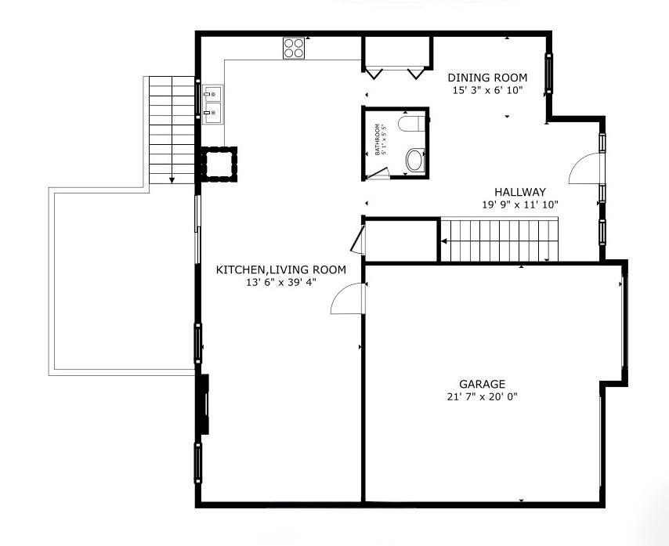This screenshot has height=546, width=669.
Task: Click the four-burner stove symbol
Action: [294, 48]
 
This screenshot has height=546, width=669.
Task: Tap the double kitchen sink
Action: [212, 103]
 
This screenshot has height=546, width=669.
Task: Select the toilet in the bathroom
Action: [411, 124]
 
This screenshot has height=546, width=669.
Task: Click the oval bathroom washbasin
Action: [414, 161]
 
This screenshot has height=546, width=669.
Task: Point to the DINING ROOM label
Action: [487, 78]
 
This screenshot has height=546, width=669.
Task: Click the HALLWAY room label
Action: [519, 192]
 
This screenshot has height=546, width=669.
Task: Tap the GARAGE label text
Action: [482, 384]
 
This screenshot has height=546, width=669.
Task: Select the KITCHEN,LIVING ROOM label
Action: [280, 269]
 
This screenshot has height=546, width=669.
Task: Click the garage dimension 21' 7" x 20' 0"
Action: [482, 396]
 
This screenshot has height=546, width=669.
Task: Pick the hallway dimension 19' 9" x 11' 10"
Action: [520, 204]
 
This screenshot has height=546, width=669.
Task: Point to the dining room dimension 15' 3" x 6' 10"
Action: [488, 90]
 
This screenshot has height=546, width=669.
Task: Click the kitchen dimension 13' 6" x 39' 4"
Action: [280, 282]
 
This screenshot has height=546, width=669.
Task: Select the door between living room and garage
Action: [347, 298]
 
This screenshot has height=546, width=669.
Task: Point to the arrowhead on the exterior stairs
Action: [172, 180]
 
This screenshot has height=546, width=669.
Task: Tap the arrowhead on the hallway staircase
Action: [443, 241]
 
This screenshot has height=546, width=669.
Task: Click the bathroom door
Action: [378, 173]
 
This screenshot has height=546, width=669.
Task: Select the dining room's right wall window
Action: [548, 74]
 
